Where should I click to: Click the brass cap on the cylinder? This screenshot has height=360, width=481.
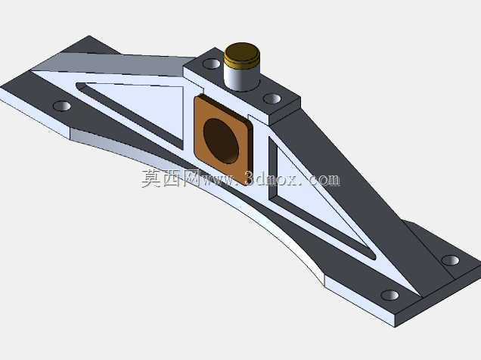(x=242, y=55)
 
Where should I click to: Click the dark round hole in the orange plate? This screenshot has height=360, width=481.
(x=221, y=141)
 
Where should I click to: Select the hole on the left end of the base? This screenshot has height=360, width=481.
(x=62, y=106)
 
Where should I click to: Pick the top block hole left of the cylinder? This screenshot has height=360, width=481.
(x=211, y=64)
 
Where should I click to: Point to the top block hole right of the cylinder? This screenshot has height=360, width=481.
(x=272, y=99)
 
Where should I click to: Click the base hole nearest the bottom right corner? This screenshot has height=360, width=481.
(x=390, y=295)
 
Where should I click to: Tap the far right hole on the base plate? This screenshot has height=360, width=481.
(x=450, y=260)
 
